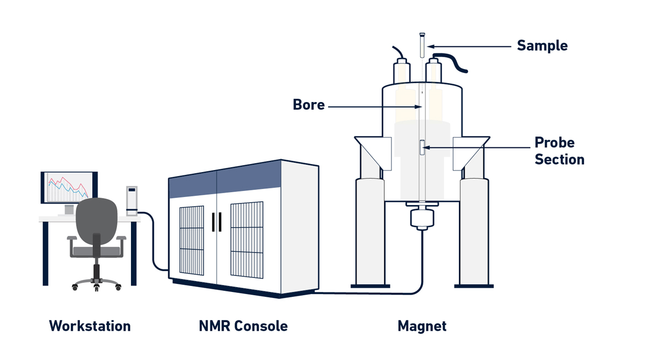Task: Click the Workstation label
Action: pos(90,326)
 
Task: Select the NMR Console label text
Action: pos(243,326)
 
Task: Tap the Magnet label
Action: pos(422,326)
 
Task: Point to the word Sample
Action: pos(542,46)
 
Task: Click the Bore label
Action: pos(309,105)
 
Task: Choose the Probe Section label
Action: pos(559,151)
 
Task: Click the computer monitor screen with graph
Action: pos(68,187)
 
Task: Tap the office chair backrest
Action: pos(97,219)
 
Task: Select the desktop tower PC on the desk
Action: pos(132,200)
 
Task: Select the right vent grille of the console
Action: pos(246,240)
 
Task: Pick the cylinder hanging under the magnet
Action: pos(422,219)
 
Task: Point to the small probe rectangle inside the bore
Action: pos(422,148)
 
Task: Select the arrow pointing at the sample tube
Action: pos(469,46)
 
